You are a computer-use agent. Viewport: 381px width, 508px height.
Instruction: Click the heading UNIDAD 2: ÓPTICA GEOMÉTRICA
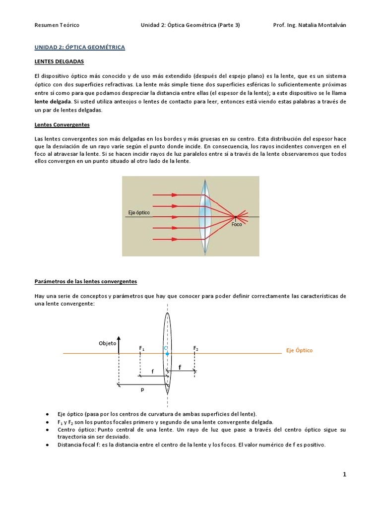click(x=79, y=47)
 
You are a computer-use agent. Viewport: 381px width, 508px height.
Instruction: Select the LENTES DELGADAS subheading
click(x=59, y=62)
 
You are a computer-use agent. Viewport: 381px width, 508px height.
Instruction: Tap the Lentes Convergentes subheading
click(x=62, y=125)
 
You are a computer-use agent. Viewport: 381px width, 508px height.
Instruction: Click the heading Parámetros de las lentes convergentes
click(x=85, y=281)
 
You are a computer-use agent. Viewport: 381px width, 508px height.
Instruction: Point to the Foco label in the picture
click(x=237, y=224)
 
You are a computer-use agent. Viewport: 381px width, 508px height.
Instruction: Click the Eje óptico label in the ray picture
click(x=139, y=213)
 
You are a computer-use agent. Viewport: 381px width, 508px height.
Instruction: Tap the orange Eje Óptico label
click(x=299, y=350)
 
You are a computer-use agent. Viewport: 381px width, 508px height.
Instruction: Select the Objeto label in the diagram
click(x=107, y=343)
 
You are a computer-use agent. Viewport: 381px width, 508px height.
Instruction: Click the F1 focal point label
click(x=142, y=348)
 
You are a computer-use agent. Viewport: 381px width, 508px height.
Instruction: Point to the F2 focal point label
click(x=195, y=348)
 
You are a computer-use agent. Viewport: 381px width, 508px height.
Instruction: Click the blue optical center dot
click(x=168, y=354)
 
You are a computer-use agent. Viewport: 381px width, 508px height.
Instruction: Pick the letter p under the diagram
click(x=142, y=390)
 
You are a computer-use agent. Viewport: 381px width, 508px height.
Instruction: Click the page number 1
click(x=344, y=474)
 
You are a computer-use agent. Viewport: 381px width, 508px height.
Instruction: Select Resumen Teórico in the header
click(x=57, y=25)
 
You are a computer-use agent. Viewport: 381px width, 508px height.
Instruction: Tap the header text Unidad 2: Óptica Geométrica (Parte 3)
click(x=190, y=25)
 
